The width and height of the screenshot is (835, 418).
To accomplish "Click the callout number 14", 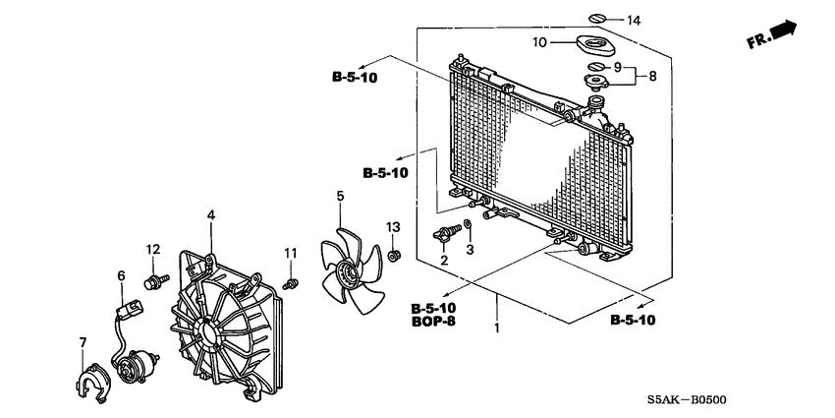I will pyautogui.click(x=633, y=21).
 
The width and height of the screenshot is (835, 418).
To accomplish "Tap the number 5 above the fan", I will pyautogui.click(x=339, y=197).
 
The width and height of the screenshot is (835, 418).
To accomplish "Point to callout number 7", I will pyautogui.click(x=83, y=342).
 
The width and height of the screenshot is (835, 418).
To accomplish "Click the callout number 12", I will pyautogui.click(x=153, y=248).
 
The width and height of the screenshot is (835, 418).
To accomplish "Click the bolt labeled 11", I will pyautogui.click(x=290, y=284).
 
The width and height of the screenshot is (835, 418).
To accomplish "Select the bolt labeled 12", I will pyautogui.click(x=153, y=281).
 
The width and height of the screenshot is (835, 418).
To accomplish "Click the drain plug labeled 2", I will pyautogui.click(x=451, y=234).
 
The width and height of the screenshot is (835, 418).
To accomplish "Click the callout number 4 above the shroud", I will pyautogui.click(x=210, y=214).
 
